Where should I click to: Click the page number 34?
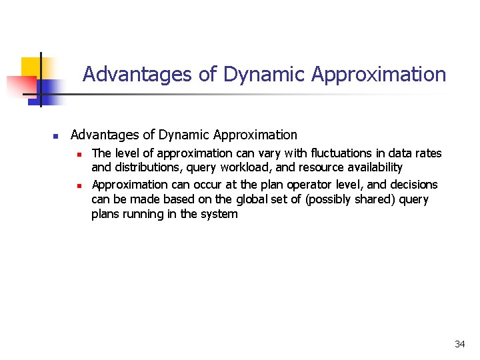click(x=459, y=344)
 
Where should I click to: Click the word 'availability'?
click(x=370, y=167)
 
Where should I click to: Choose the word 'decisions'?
click(x=413, y=185)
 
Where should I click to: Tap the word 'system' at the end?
click(x=219, y=214)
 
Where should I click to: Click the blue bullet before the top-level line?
click(x=56, y=136)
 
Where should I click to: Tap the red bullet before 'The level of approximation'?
click(x=78, y=154)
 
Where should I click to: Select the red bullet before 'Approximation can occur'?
click(x=78, y=185)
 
